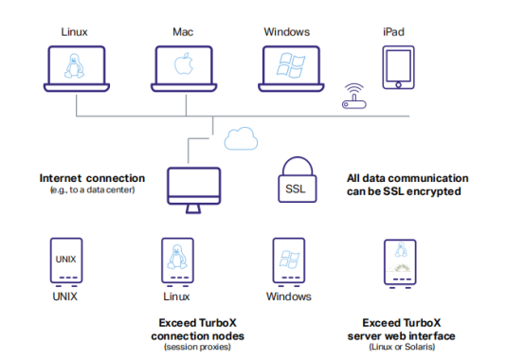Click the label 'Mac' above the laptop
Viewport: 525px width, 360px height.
184,31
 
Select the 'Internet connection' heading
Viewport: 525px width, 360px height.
92,177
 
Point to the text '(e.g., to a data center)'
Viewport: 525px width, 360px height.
92,189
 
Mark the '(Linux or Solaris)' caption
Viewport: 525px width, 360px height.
402,347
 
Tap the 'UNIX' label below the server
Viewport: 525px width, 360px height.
65,297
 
